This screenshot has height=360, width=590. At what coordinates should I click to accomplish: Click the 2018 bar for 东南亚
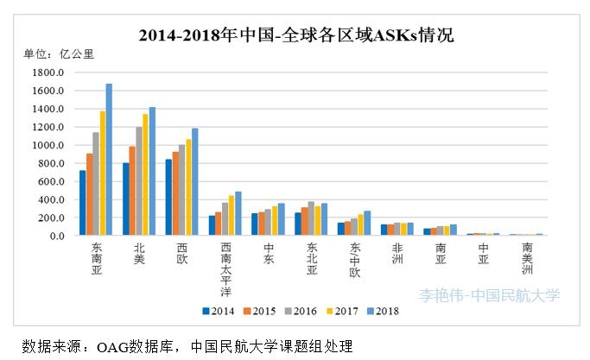coord(109,160)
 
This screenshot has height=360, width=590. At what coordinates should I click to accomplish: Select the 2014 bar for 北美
coord(126,199)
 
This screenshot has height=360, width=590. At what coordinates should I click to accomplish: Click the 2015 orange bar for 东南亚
coord(90,194)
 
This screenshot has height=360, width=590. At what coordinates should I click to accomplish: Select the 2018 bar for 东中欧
coord(367,223)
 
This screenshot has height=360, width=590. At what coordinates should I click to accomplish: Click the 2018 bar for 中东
coord(282,219)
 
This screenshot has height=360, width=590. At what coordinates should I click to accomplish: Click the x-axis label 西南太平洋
coord(225,268)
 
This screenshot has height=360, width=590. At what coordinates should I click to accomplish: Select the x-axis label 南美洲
coord(527,257)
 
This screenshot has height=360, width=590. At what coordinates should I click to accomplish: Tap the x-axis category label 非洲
coord(398,252)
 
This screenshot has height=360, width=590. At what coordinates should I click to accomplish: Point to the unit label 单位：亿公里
coord(59,54)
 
